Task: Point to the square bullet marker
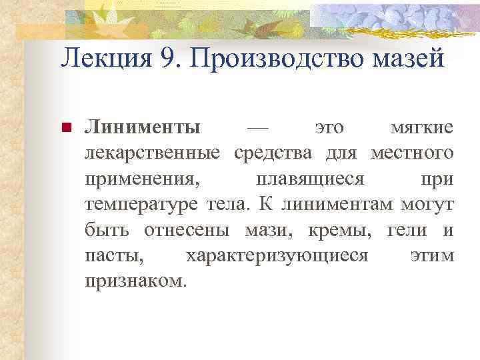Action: pyautogui.click(x=65, y=128)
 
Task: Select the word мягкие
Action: pyautogui.click(x=422, y=127)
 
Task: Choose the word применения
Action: pyautogui.click(x=141, y=179)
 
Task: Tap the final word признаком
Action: pyautogui.click(x=133, y=281)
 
